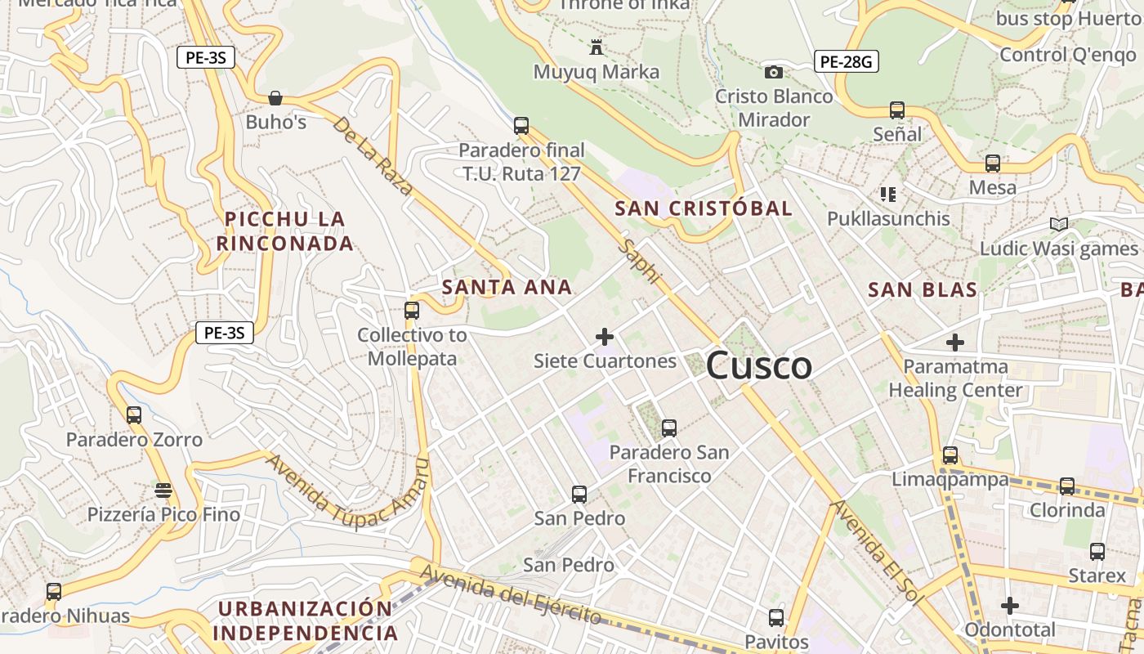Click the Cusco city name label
click(x=758, y=365)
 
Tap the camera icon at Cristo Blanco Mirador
click(x=773, y=72)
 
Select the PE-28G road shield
click(x=846, y=60)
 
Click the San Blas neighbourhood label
click(x=923, y=289)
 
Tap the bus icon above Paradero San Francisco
click(x=668, y=428)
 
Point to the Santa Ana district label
click(x=507, y=287)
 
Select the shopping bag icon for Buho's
click(x=275, y=98)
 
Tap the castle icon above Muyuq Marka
click(x=597, y=47)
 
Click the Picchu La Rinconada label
click(x=285, y=231)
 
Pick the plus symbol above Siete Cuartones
click(x=605, y=337)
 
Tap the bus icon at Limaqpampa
click(x=950, y=455)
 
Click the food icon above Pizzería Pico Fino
click(x=163, y=490)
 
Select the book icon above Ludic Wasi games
click(x=1059, y=224)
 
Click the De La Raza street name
click(x=373, y=155)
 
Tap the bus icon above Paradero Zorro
click(x=134, y=415)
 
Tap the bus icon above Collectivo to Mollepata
click(x=412, y=311)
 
